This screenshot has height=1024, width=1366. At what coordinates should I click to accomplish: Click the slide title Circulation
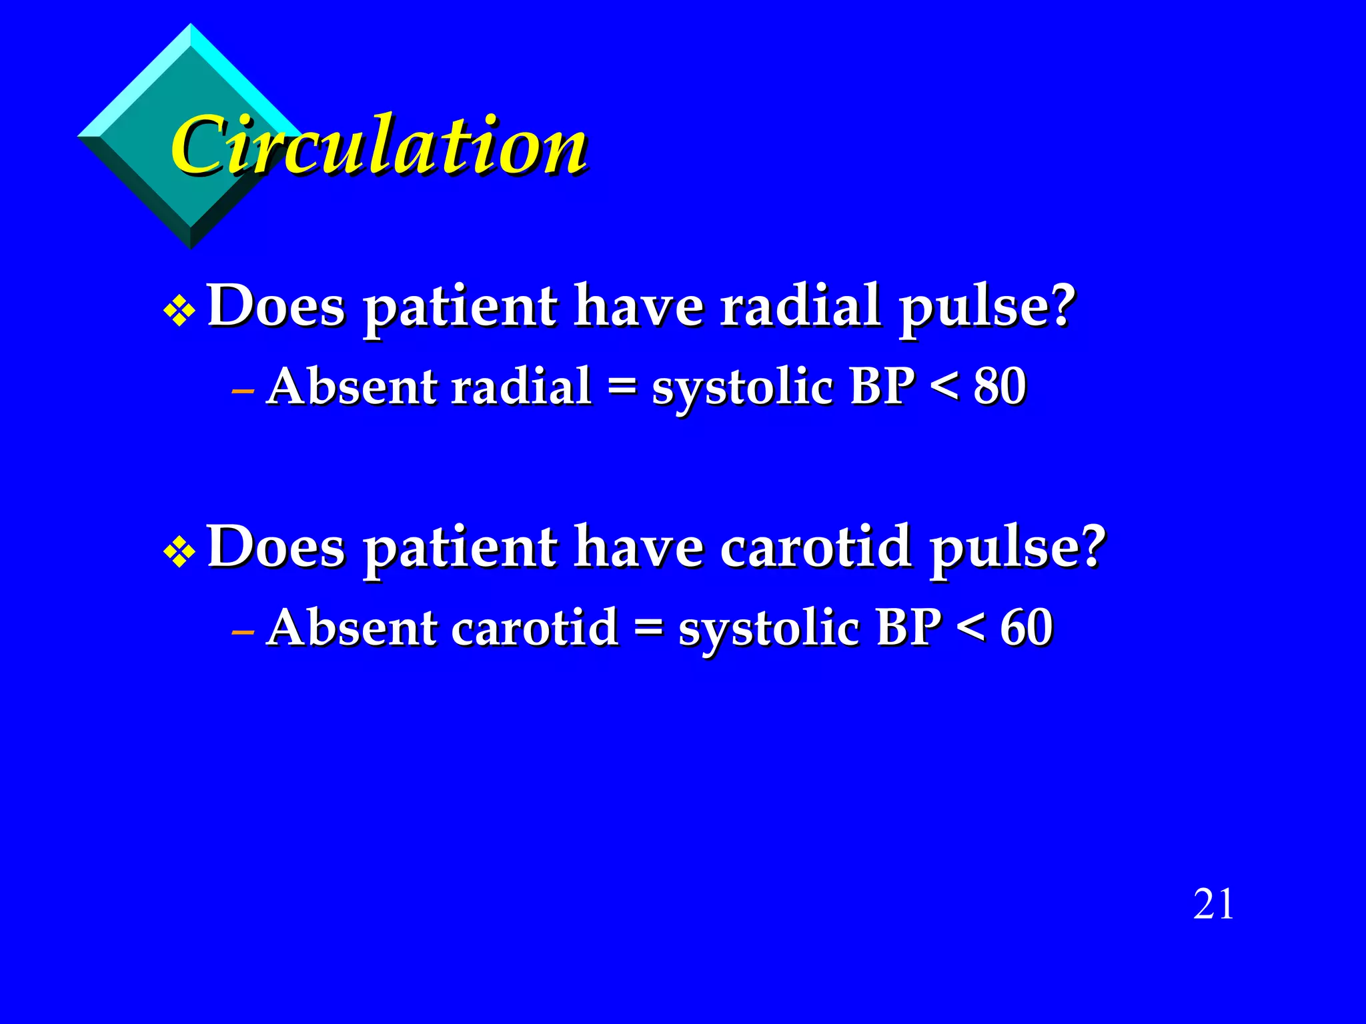pyautogui.click(x=379, y=145)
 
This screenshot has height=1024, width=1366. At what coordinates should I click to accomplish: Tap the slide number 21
pyautogui.click(x=1213, y=905)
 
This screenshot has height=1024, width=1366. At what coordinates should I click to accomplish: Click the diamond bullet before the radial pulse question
pyautogui.click(x=179, y=311)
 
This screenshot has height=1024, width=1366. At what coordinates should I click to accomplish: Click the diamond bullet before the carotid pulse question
pyautogui.click(x=179, y=551)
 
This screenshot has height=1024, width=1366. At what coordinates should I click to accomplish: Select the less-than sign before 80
pyautogui.click(x=944, y=387)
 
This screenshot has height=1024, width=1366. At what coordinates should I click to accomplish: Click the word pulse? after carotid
pyautogui.click(x=1018, y=548)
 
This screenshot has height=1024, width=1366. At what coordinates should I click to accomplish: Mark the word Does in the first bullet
pyautogui.click(x=276, y=306)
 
